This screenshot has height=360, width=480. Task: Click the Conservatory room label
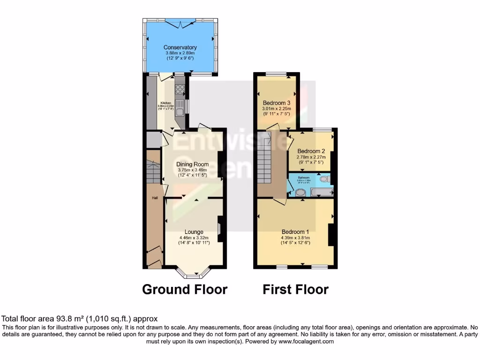180,47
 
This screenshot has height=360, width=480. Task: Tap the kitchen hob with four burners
180,90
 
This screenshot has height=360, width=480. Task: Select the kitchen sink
180,105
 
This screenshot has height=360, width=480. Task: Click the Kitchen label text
166,103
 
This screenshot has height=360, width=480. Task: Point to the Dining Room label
192,164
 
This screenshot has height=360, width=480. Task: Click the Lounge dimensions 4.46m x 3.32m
194,238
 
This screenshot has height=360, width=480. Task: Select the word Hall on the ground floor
154,198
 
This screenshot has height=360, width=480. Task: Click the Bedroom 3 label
276,103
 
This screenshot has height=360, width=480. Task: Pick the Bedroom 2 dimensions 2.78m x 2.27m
310,157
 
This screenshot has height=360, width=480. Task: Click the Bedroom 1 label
295,232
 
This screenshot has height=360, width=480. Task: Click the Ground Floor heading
185,290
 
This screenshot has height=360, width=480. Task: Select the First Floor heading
295,290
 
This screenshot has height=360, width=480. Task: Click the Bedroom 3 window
277,74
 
